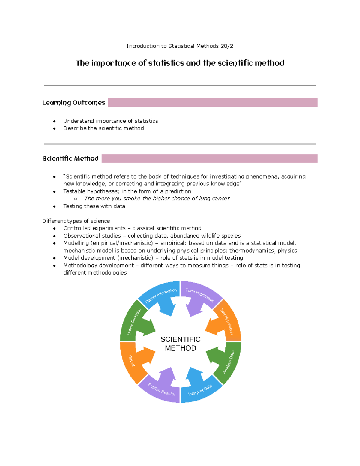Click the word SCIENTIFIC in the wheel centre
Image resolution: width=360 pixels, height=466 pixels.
[180, 339]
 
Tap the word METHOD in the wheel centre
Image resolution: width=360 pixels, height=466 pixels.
[180, 348]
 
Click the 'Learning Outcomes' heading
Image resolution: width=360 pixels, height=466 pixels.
[73, 103]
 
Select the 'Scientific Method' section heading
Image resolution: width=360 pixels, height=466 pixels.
[70, 158]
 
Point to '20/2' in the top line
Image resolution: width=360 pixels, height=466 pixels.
[227, 46]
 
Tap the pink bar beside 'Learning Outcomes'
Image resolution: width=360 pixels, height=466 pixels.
[212, 103]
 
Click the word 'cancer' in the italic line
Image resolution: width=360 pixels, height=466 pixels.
[220, 198]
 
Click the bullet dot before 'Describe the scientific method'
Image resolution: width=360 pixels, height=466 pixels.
[54, 128]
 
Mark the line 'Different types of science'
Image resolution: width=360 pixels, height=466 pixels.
[76, 221]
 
